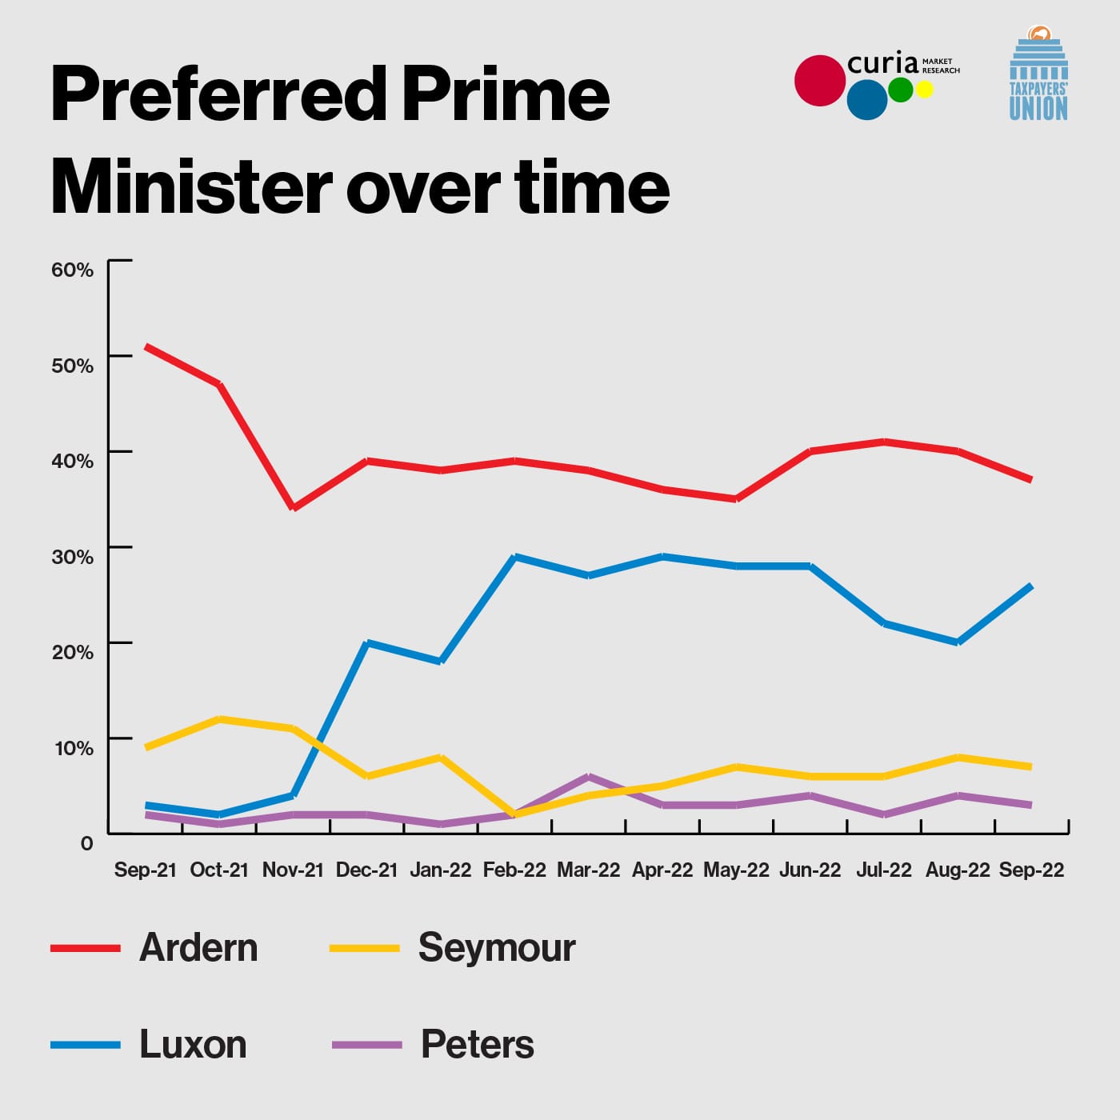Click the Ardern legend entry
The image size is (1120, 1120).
point(154,948)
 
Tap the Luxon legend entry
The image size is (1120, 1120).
point(149,1045)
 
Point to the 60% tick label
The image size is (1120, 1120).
point(72,270)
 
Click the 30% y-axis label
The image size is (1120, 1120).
point(72,557)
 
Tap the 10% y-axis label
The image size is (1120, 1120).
point(74,748)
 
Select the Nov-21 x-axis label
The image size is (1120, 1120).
point(293,870)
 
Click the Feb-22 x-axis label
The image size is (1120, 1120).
point(514,870)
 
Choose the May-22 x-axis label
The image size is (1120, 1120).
point(736,870)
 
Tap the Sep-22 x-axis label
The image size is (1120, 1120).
point(1031,870)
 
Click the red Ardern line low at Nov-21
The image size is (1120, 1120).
point(294,508)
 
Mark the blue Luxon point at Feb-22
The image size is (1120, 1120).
point(515,556)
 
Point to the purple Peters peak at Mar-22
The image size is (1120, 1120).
point(589,777)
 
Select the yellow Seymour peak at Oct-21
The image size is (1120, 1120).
point(220,719)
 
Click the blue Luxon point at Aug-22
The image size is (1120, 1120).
point(958,642)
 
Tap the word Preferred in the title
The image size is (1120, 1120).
point(218,94)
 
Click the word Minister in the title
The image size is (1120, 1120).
point(191,186)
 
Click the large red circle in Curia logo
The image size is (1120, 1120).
point(820,81)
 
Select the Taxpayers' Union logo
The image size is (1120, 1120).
point(1038,73)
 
